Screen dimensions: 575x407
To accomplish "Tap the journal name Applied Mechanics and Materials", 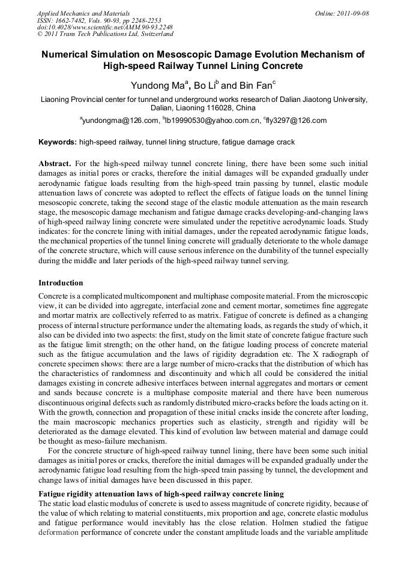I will coord(83,13).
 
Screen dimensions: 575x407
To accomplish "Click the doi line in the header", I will coord(105,27).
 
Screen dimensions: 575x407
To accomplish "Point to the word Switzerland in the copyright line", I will coord(153,34).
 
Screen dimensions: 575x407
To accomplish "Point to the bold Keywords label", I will coord(58,142).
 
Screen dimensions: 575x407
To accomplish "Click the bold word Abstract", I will coord(55,164).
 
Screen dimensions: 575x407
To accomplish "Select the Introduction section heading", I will coord(61,282).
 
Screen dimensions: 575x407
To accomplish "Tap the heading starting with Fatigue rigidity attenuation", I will coord(161,493).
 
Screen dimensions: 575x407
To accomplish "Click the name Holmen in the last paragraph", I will coord(297,522).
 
